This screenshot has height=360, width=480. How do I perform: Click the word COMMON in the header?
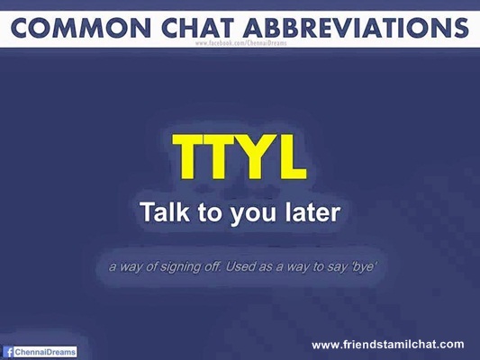[81, 28]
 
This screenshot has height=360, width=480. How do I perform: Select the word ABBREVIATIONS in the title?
[357, 28]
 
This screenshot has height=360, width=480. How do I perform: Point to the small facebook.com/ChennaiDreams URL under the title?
[241, 43]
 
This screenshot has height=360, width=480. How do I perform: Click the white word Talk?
[166, 211]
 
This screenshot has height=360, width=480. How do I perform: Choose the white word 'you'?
[253, 215]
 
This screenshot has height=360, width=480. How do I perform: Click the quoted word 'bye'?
[363, 267]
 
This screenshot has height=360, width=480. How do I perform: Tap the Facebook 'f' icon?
[9, 352]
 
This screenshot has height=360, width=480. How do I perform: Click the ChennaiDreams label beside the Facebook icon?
[45, 352]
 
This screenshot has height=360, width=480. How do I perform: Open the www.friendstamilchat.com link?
[388, 345]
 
